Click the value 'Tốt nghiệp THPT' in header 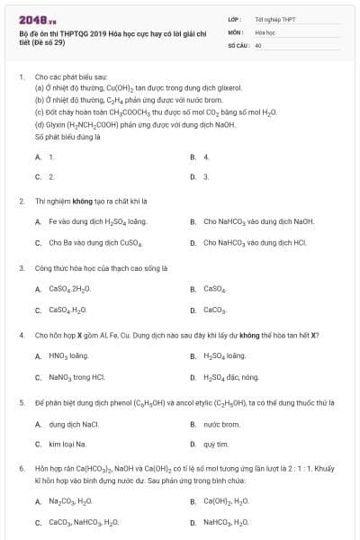click(274, 18)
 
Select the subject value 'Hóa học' click(265, 31)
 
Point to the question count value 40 click(258, 45)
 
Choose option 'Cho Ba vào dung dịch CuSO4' click(95, 243)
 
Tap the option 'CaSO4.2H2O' click(68, 289)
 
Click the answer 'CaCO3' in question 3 click(214, 310)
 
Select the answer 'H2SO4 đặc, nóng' click(230, 378)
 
